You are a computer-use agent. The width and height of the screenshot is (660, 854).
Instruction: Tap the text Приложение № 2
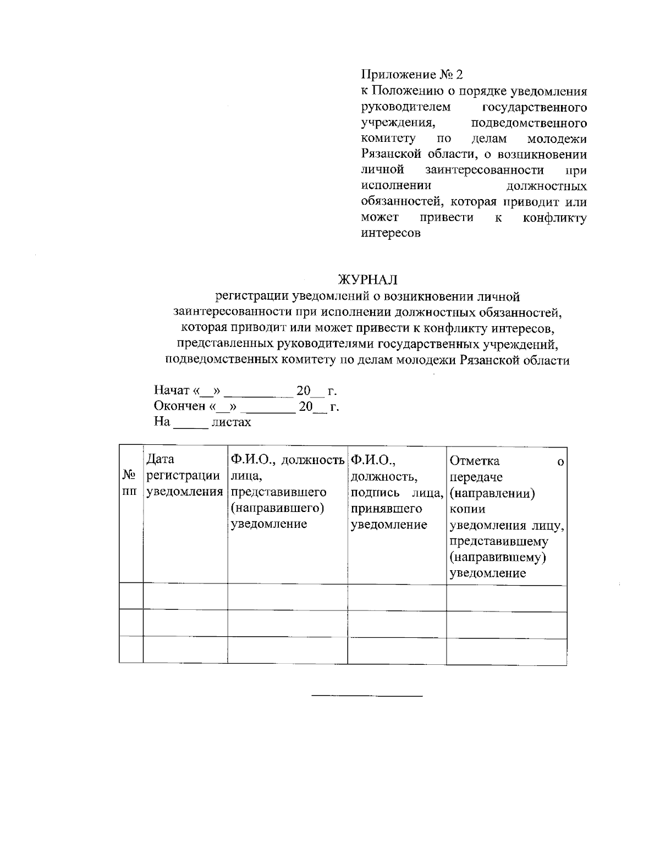[x=413, y=75]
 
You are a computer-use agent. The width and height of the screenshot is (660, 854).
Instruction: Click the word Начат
[x=172, y=391]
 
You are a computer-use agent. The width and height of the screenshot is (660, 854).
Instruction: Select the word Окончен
[x=179, y=407]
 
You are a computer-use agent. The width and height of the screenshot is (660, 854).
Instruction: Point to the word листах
[x=232, y=422]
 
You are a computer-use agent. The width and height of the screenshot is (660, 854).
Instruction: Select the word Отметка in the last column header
[x=475, y=460]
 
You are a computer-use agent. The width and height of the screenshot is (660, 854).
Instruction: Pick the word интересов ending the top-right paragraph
[x=391, y=233]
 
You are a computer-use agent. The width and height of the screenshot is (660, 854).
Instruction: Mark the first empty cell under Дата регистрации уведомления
[x=185, y=597]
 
